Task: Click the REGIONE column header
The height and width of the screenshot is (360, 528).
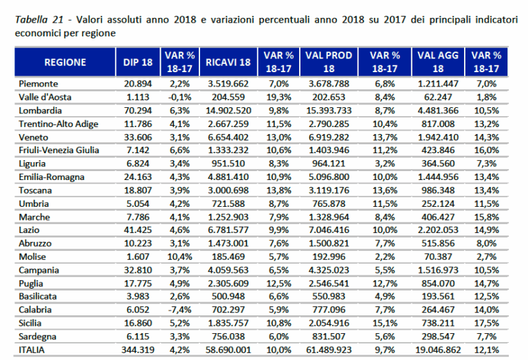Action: (65, 63)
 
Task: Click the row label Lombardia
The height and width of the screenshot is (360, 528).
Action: (41, 110)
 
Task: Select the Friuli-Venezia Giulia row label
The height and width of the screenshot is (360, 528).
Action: (58, 150)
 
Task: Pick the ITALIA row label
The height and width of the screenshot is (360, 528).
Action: (34, 349)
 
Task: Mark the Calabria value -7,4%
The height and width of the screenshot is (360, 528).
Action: (179, 309)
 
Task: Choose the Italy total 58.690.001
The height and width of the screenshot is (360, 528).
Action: (229, 349)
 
